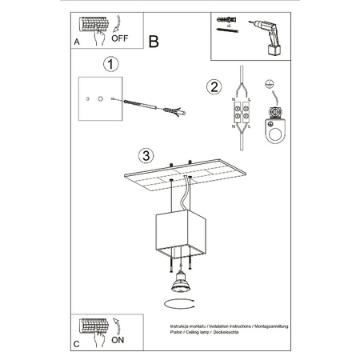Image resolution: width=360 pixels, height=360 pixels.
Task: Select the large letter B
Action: tap(154, 41)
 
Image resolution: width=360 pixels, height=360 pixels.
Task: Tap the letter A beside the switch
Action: tap(75, 41)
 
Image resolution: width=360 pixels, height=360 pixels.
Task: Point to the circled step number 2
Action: tap(213, 87)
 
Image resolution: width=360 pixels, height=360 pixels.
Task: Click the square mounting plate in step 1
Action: tap(100, 99)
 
